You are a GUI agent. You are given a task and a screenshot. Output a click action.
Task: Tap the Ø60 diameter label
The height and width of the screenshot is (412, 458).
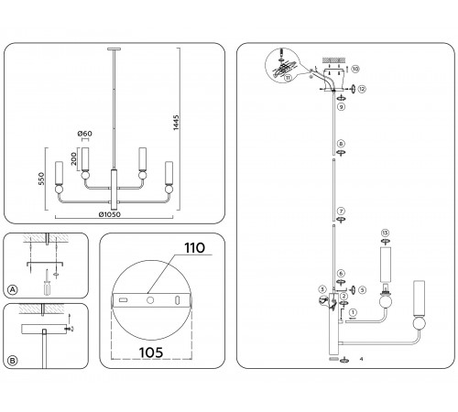tap(84, 135)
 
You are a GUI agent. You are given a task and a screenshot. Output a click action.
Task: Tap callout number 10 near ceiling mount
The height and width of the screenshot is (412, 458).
tap(355, 69)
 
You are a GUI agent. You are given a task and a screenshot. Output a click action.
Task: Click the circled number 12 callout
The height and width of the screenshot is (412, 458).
tap(362, 88)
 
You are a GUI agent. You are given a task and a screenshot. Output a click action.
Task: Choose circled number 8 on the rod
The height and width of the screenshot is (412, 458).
tap(341, 144)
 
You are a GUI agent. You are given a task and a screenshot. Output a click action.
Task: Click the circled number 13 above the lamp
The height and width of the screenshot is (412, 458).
tap(385, 233)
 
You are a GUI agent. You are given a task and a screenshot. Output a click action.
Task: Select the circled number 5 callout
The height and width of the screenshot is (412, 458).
tap(363, 290)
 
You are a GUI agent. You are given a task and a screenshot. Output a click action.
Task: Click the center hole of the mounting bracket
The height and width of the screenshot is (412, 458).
tap(148, 298)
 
